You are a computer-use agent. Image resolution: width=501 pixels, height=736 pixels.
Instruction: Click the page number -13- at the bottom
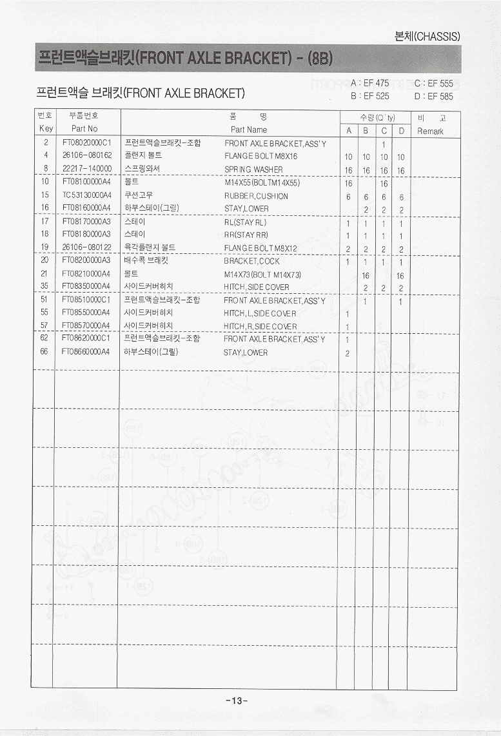(x=237, y=701)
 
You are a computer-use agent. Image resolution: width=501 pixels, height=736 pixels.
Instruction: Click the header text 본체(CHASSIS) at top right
(x=427, y=37)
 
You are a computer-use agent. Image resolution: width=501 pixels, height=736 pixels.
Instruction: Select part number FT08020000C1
(x=87, y=143)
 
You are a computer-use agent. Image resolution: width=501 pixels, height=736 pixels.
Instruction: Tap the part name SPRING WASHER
(x=253, y=169)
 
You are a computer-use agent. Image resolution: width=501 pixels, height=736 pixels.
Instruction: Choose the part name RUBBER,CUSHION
(x=256, y=196)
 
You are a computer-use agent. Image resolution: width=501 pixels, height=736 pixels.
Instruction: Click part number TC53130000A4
(x=87, y=195)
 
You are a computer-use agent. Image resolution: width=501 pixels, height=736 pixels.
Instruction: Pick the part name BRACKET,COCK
(x=251, y=262)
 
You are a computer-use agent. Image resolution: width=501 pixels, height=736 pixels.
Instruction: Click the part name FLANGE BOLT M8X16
(x=260, y=157)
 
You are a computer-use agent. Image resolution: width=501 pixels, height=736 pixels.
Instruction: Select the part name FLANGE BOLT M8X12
(x=260, y=248)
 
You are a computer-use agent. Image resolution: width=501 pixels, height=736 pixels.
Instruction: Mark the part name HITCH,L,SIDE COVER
(x=260, y=314)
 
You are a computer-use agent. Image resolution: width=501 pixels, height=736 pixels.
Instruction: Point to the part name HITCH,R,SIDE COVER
(x=260, y=327)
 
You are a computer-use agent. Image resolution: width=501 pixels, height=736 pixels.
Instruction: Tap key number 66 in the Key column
(x=44, y=352)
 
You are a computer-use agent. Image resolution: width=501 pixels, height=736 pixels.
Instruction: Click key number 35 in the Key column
(x=44, y=286)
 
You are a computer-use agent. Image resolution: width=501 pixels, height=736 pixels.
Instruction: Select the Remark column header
(x=430, y=131)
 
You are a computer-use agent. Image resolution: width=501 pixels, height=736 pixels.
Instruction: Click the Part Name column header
(x=248, y=130)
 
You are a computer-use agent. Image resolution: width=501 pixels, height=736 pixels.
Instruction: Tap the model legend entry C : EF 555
(x=433, y=84)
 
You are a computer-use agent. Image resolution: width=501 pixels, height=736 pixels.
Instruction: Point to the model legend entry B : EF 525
(x=369, y=96)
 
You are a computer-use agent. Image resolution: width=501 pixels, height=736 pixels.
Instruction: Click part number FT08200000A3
(x=87, y=261)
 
